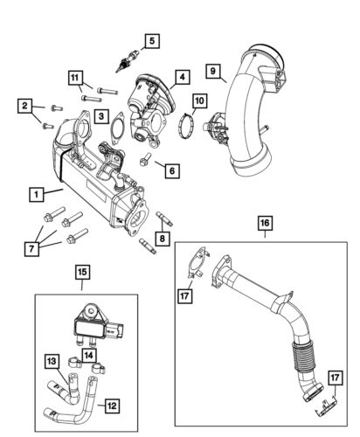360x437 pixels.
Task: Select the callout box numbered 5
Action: click(152, 40)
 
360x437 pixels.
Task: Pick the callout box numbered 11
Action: click(76, 78)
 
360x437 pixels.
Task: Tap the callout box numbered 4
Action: click(180, 77)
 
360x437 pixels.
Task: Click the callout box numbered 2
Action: click(25, 107)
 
